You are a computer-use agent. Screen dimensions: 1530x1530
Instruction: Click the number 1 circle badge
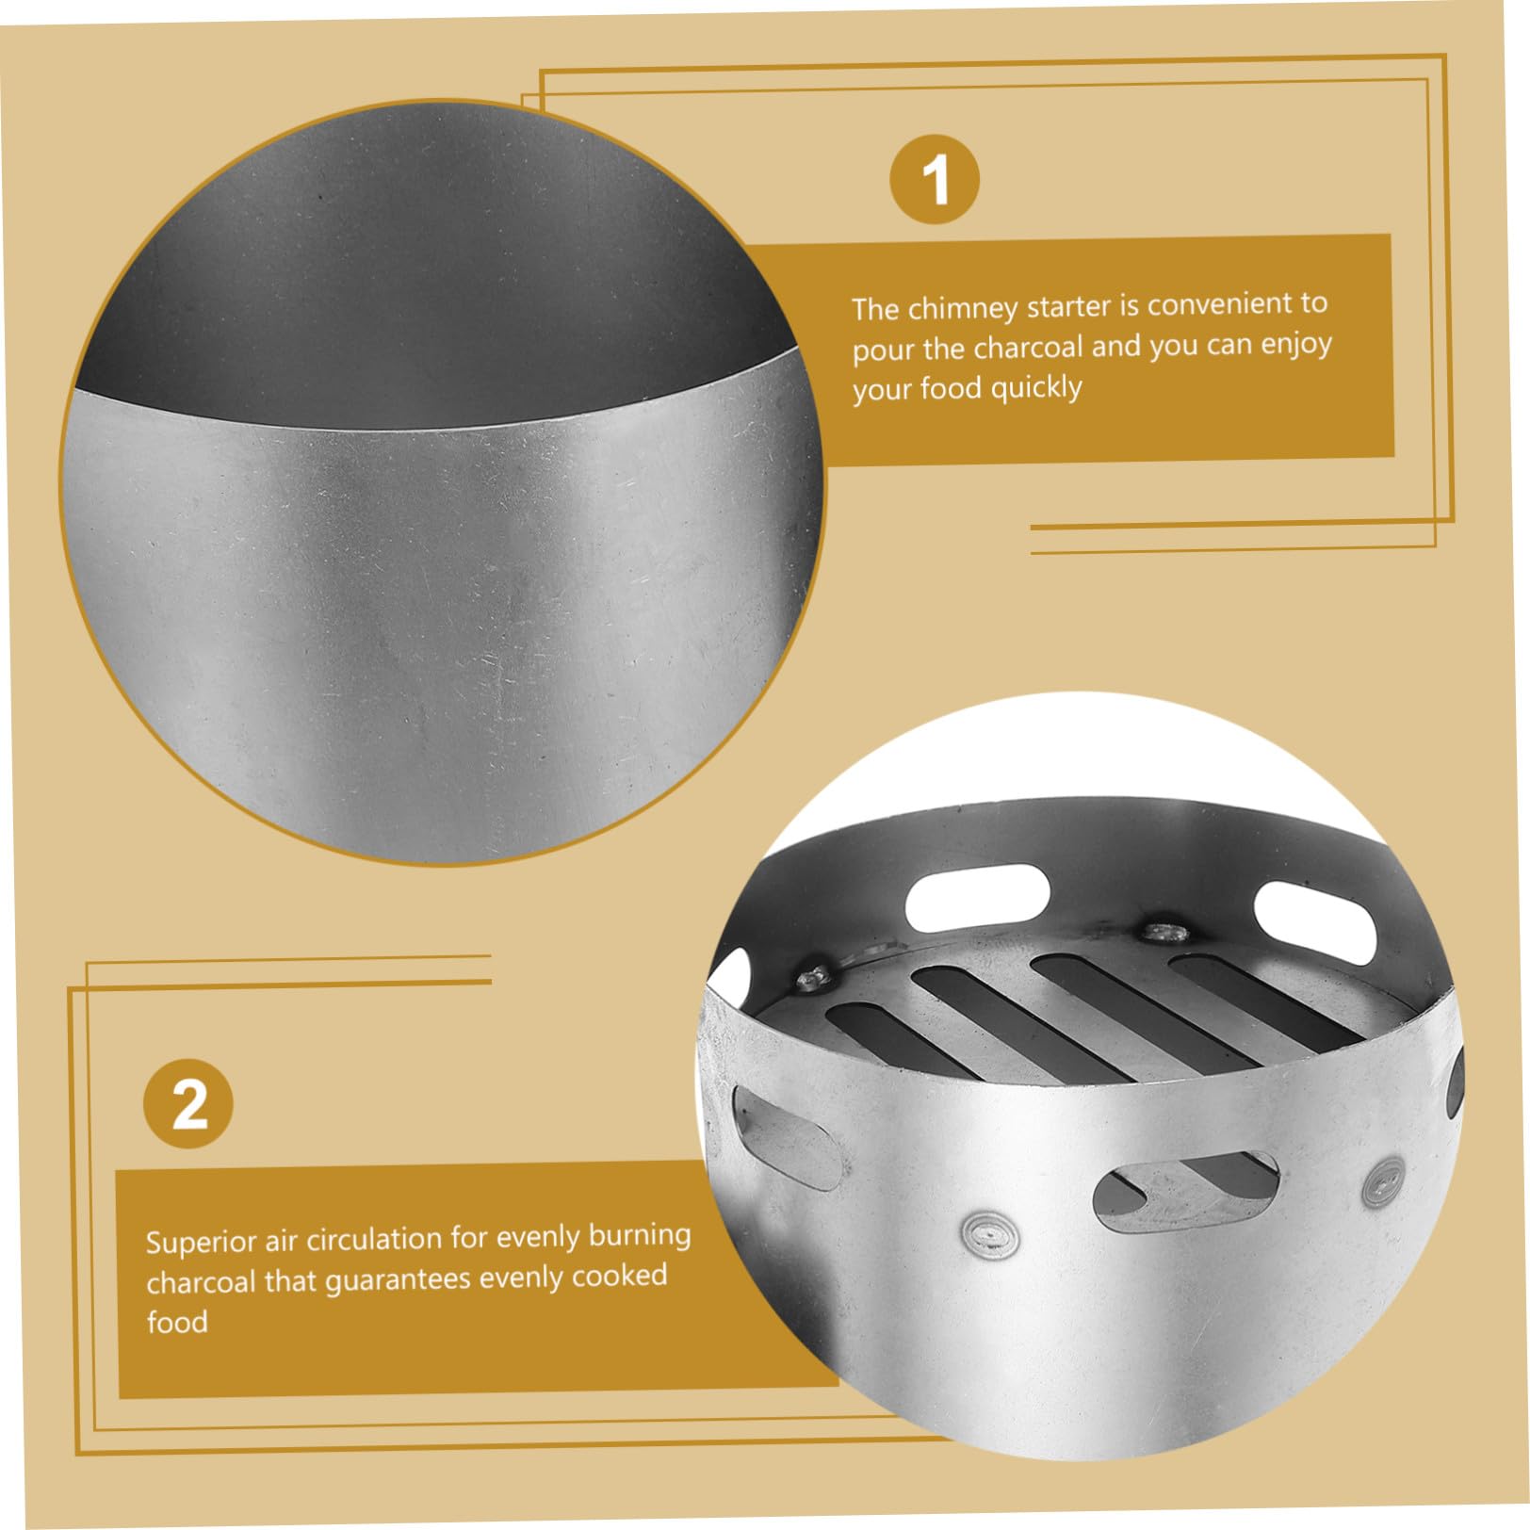[x=934, y=178]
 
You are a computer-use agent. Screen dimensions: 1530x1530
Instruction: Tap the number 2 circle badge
[x=188, y=1103]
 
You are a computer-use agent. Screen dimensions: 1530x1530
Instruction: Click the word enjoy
[x=1296, y=345]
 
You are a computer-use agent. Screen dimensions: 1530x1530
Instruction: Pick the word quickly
[x=1036, y=387]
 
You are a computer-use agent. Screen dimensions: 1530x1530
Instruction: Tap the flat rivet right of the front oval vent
[x=1383, y=1180]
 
